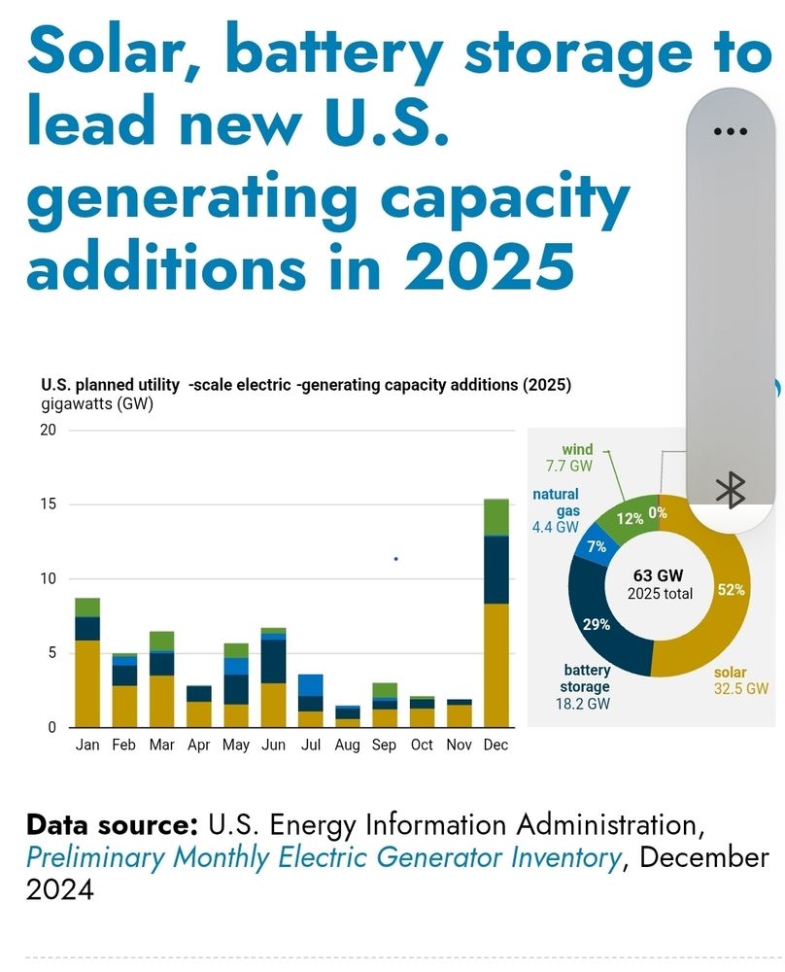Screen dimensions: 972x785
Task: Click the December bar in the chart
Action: (496, 612)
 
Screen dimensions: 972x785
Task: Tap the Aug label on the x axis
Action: (346, 745)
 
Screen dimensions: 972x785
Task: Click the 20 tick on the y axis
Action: (49, 431)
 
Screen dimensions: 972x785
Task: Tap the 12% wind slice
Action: (630, 518)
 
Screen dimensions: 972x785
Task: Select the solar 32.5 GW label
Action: (740, 680)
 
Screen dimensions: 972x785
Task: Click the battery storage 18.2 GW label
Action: (586, 686)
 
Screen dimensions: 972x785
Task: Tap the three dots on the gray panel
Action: (730, 131)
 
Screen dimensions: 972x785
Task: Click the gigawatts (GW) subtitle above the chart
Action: (96, 404)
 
